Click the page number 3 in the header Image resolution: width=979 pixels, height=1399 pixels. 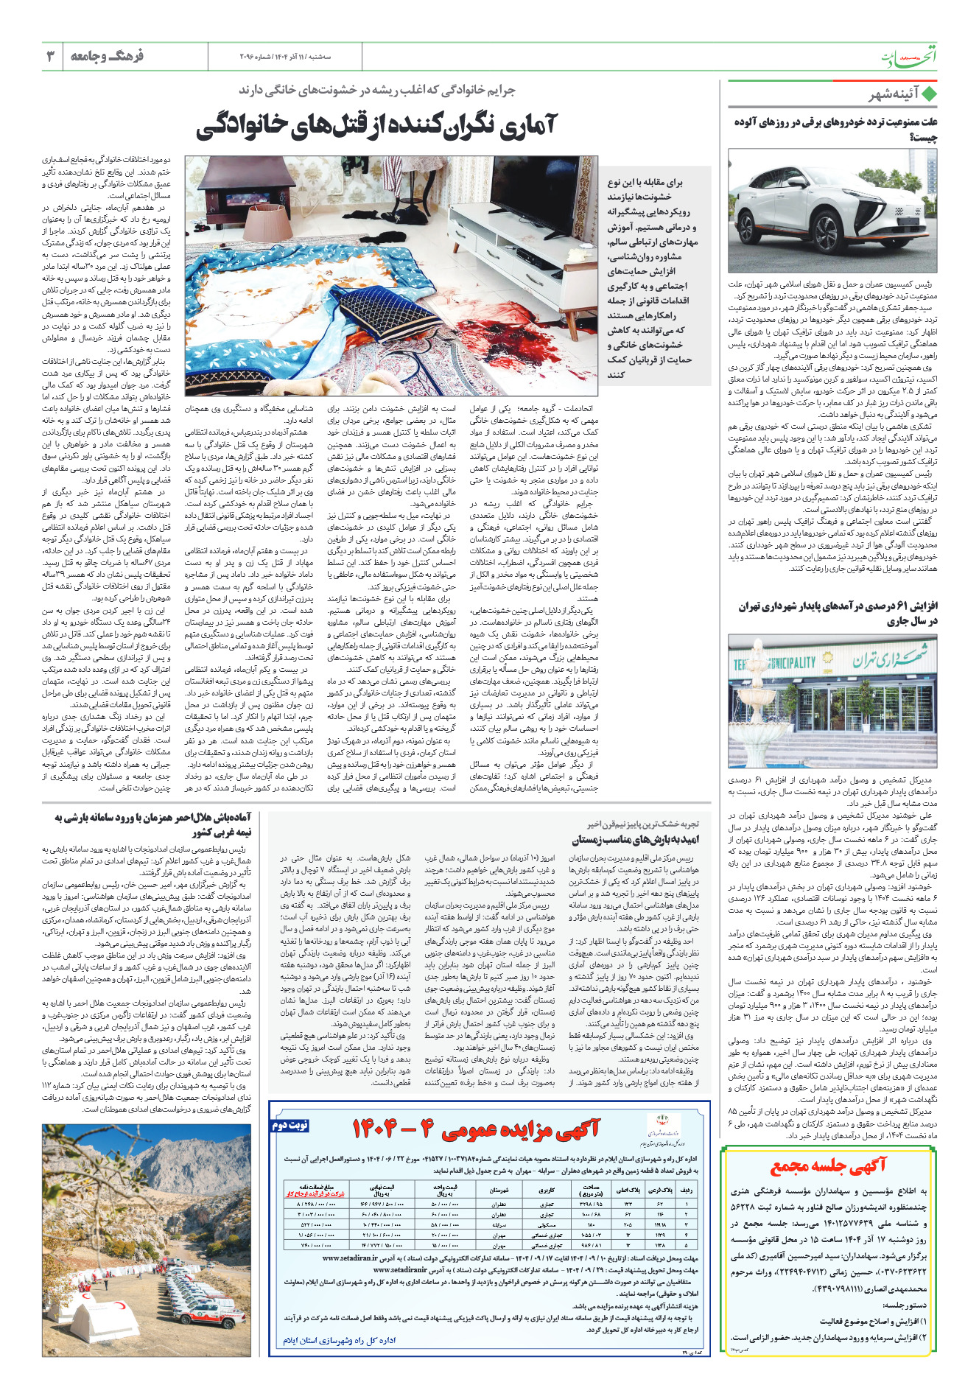51,56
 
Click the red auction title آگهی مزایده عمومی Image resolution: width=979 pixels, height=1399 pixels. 477,1129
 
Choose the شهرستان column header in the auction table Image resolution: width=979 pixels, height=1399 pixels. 499,1190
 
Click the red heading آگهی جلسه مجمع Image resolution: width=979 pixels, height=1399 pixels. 828,1166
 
